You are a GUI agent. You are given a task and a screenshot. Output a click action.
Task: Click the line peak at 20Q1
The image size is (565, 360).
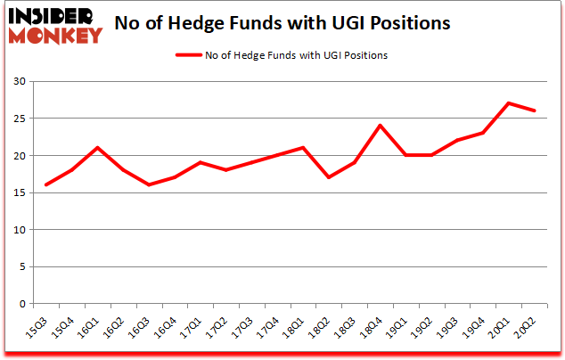(x=508, y=103)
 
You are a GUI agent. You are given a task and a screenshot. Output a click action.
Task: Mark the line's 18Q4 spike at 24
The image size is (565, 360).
(x=380, y=126)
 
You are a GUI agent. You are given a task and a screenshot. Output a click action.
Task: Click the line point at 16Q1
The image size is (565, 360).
(x=96, y=148)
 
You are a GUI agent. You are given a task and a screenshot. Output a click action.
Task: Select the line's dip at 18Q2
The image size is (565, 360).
(x=328, y=177)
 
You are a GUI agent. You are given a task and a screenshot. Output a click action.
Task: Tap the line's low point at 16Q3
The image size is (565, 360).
(x=148, y=184)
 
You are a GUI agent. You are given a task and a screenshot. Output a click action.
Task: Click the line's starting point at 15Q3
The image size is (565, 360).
(x=45, y=184)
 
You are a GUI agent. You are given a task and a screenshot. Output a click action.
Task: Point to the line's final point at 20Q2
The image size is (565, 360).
(x=535, y=110)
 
